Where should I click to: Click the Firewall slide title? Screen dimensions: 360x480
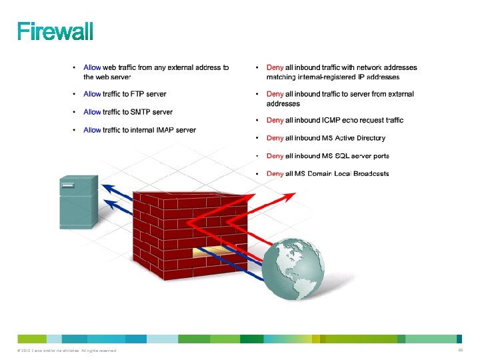click(x=55, y=31)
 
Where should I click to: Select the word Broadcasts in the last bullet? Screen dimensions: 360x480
click(x=371, y=174)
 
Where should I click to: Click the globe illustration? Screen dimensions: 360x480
click(x=293, y=266)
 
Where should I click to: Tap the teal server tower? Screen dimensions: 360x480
click(x=79, y=199)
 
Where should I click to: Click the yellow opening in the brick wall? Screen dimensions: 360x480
click(x=211, y=252)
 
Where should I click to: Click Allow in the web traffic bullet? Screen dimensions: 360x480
click(x=92, y=67)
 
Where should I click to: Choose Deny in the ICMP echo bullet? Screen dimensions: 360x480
click(x=275, y=120)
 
